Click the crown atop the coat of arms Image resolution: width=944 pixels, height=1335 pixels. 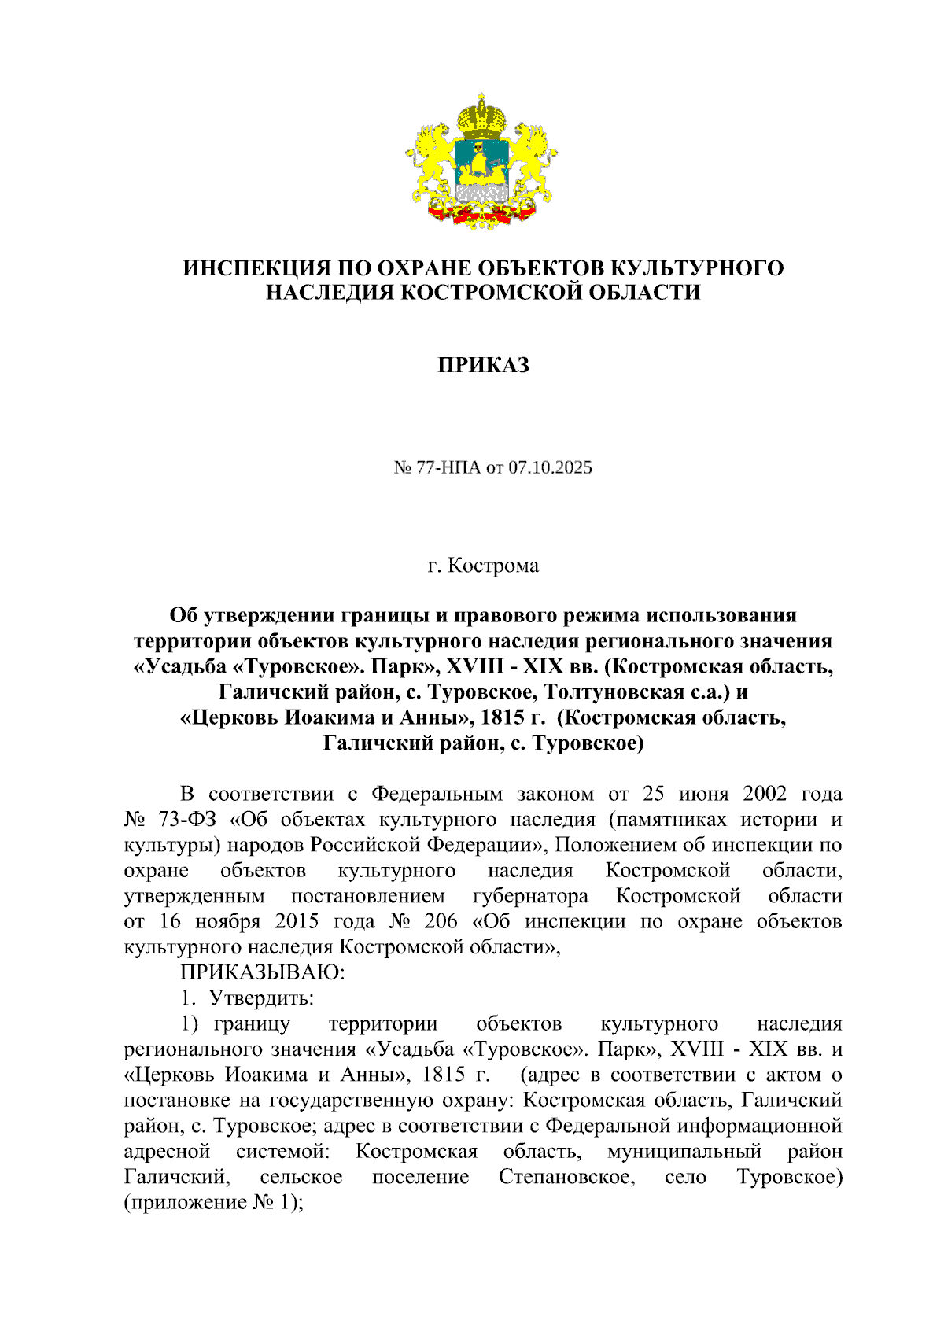(481, 116)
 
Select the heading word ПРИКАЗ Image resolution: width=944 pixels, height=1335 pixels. (483, 365)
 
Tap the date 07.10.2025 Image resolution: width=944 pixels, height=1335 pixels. (550, 468)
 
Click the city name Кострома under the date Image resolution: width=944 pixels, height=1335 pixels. (493, 566)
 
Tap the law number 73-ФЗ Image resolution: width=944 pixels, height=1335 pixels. (186, 820)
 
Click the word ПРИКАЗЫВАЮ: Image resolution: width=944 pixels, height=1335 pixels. (263, 972)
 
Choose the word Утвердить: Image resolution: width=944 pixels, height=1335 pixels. (262, 998)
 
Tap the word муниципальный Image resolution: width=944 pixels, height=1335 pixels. (684, 1152)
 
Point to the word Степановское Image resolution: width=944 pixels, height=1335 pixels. (566, 1178)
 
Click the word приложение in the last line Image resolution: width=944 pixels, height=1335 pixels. (189, 1203)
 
